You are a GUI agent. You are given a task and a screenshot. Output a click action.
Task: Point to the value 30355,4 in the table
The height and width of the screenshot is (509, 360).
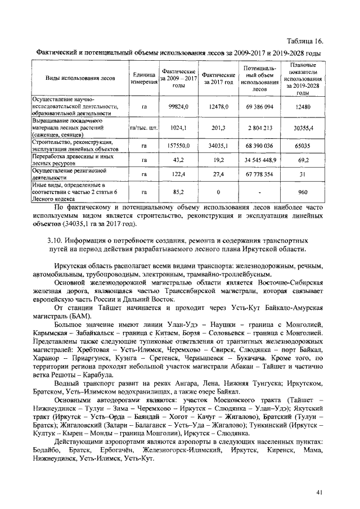coord(303,128)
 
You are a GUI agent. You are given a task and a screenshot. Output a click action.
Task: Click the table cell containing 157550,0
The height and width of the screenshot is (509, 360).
coord(179,146)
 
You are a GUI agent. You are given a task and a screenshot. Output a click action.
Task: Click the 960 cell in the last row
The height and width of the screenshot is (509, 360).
coord(303,192)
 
